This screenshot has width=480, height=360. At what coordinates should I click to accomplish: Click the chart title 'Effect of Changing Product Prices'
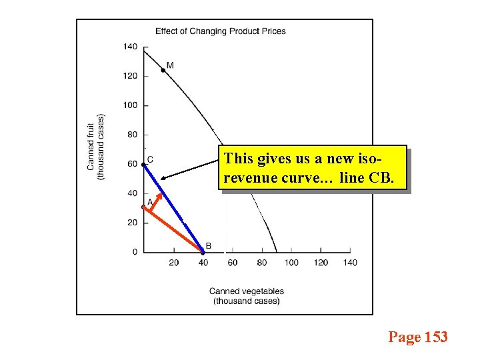click(x=220, y=31)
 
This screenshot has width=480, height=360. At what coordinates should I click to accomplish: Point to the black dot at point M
click(x=163, y=70)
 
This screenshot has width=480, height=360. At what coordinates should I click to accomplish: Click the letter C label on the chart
click(x=150, y=159)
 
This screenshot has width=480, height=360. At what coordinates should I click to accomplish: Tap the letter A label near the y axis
click(x=150, y=201)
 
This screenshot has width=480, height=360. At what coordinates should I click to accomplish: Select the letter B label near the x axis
click(x=209, y=246)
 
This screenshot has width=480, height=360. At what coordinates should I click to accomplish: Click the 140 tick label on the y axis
click(x=130, y=47)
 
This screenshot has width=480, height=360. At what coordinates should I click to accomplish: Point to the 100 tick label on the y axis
click(x=130, y=105)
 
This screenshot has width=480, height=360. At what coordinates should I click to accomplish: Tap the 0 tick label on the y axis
click(x=135, y=252)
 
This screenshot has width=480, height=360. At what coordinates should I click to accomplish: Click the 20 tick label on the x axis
click(x=173, y=263)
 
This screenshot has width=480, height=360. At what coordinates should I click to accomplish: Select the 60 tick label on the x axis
click(x=232, y=263)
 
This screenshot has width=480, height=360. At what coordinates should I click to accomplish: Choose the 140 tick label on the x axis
click(x=350, y=263)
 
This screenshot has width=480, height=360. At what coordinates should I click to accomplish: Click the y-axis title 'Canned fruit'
click(x=91, y=146)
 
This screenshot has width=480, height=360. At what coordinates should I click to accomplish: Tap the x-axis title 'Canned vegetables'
click(x=246, y=291)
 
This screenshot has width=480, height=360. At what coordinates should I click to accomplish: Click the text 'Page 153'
click(x=418, y=337)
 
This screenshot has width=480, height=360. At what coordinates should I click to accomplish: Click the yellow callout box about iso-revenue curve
click(x=312, y=168)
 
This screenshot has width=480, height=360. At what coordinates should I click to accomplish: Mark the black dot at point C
click(x=144, y=165)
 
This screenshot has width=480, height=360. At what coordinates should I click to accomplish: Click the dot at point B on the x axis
click(x=203, y=252)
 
